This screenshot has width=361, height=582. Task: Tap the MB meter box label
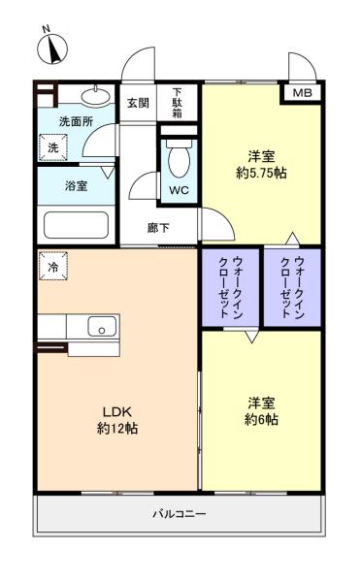pos(303,93)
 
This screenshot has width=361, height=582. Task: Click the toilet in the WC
pos(179,159)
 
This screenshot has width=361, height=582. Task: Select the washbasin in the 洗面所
pos(96,96)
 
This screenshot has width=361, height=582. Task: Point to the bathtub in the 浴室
pos(76,225)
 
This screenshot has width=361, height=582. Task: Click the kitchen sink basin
pos(102,326)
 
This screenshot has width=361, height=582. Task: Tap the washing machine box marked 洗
pos(53,147)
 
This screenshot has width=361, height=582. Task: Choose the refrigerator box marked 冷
pos(53,266)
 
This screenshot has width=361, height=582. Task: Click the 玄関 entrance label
pos(138,103)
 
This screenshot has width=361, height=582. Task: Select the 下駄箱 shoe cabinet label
pos(178,103)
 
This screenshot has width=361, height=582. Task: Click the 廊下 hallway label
pos(158,228)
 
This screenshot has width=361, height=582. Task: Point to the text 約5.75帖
pos(261,173)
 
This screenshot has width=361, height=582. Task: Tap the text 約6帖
pos(261,419)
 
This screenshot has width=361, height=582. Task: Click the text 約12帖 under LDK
pos(117,429)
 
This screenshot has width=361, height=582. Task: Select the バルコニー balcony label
pos(179,514)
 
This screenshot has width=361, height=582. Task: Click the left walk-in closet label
pos(231,287)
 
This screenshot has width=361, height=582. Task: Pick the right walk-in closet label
pos(292,287)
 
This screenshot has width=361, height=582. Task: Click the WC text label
pos(179,190)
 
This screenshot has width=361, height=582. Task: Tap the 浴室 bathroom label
pos(76,185)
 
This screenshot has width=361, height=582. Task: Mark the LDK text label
pos(117,411)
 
